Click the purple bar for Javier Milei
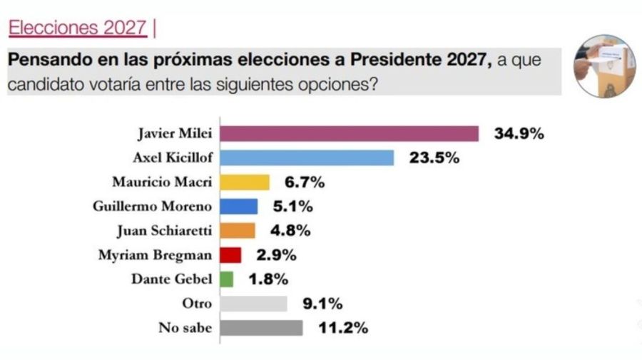tap(349, 134)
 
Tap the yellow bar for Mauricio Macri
tap(245, 182)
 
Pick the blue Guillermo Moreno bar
tap(239, 207)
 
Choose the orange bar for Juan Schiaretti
tap(238, 231)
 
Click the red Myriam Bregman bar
tap(230, 255)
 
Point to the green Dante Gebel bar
tap(226, 279)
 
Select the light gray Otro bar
tap(253, 304)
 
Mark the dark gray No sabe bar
tap(261, 328)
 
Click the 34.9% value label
tap(519, 133)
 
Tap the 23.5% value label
tap(434, 158)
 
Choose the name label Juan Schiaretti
tap(163, 231)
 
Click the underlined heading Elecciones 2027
tap(78, 29)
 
